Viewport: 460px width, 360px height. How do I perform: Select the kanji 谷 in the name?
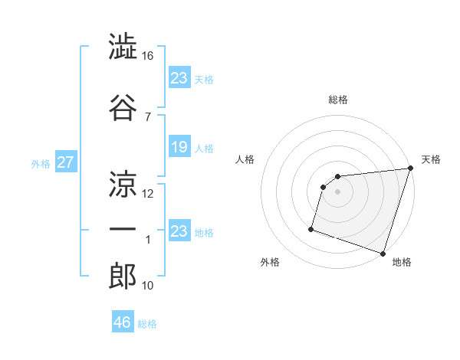[123, 106]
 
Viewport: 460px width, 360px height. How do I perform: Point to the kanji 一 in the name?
[123, 230]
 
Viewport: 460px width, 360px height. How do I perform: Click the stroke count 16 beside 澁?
[148, 56]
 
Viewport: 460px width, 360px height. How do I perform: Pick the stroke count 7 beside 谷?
[148, 116]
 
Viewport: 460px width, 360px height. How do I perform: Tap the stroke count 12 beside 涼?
[148, 193]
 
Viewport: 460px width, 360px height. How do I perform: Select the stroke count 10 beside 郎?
[148, 286]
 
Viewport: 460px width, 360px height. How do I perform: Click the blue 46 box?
[123, 322]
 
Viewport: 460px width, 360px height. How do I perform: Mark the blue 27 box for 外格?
[65, 162]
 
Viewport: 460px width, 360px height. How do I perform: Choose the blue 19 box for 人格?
[179, 147]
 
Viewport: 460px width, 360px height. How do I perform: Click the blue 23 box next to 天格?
[179, 77]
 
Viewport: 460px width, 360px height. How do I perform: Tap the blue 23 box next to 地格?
[179, 231]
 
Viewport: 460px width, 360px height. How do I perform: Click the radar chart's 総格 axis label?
[338, 100]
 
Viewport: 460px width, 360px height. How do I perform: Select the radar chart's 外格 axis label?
[270, 262]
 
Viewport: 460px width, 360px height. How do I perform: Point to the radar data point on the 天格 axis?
[410, 169]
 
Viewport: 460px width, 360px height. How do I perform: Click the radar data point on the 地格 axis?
[383, 253]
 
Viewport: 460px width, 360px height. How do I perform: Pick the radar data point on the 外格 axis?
[311, 228]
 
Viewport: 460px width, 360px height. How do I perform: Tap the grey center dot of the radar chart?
[338, 191]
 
